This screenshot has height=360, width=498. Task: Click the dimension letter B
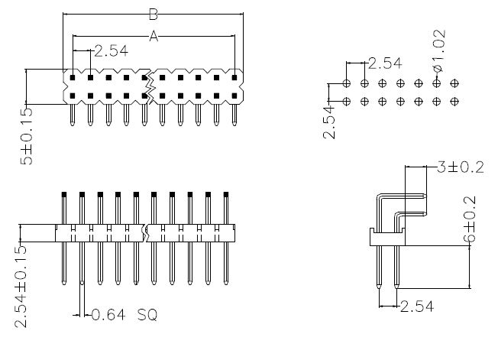(153, 14)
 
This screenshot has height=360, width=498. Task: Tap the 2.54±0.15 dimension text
(21, 286)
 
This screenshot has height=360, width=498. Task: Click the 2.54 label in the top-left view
(110, 52)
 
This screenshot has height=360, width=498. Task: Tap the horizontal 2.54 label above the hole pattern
(385, 63)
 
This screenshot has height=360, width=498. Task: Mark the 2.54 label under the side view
(417, 306)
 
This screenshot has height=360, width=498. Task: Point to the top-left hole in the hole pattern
(347, 83)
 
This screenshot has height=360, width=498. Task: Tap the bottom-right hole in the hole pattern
(454, 101)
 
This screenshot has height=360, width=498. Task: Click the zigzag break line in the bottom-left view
(147, 232)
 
